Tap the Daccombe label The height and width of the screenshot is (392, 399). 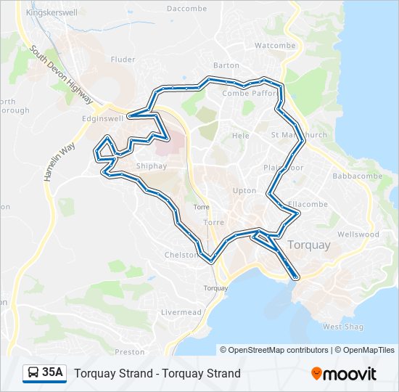point(184,9)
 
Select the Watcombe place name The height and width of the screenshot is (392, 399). point(276,45)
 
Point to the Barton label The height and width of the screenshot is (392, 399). point(226,65)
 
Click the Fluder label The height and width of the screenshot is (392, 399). point(123,60)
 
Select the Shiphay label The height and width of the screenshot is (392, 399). point(152,166)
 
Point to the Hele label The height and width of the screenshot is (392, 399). point(241,136)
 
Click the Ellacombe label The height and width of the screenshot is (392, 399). point(308,205)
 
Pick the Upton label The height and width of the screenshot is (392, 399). point(244,191)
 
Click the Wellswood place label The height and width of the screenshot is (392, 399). point(358,234)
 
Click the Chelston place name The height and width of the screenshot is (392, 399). point(181,256)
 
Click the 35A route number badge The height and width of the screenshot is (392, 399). point(45,373)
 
